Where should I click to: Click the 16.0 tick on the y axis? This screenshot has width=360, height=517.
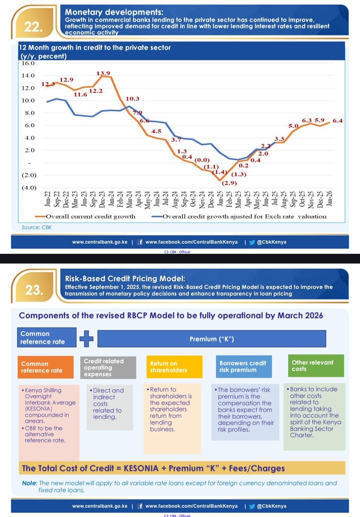click(x=25, y=63)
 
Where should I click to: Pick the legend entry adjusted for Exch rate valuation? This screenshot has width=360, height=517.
click(x=244, y=216)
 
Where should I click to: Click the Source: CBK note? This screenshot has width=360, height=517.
click(x=37, y=227)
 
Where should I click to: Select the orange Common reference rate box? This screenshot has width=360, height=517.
click(x=48, y=367)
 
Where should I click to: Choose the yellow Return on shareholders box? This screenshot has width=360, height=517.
click(x=172, y=367)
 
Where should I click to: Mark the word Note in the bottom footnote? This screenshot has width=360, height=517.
click(x=30, y=483)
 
